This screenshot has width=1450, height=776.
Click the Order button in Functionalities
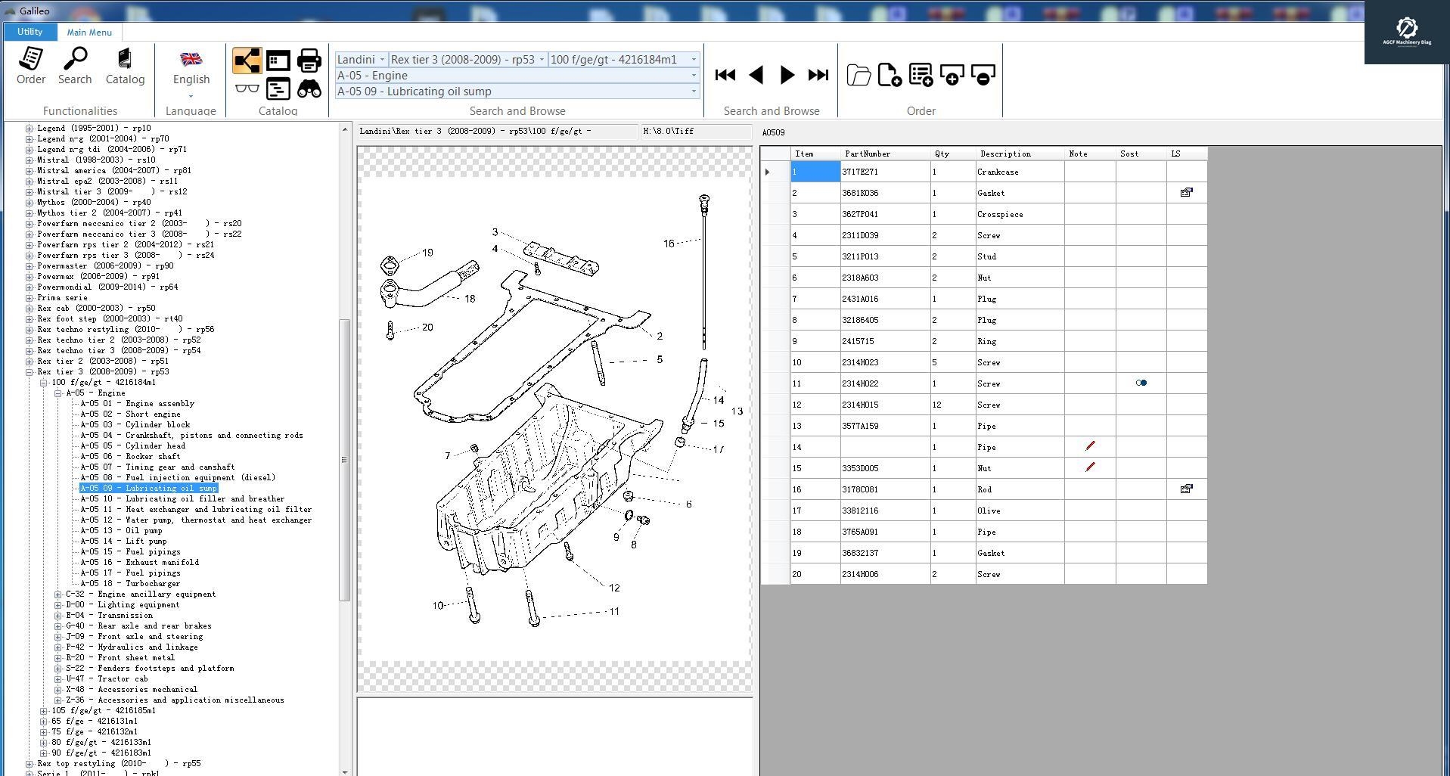click(x=31, y=66)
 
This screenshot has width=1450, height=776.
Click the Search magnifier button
click(x=75, y=66)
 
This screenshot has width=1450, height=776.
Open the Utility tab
click(x=29, y=32)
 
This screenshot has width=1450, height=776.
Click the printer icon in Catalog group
click(x=309, y=61)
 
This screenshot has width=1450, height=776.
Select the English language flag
click(x=191, y=60)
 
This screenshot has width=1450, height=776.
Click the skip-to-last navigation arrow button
click(x=818, y=75)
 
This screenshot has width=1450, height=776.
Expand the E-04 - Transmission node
click(x=58, y=616)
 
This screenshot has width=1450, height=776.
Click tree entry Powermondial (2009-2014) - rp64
click(x=107, y=287)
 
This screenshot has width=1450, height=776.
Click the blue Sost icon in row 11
click(x=1141, y=383)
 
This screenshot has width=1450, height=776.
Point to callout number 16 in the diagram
click(x=669, y=244)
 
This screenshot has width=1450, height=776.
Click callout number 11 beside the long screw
click(x=613, y=612)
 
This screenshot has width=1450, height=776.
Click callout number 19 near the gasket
click(x=427, y=253)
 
